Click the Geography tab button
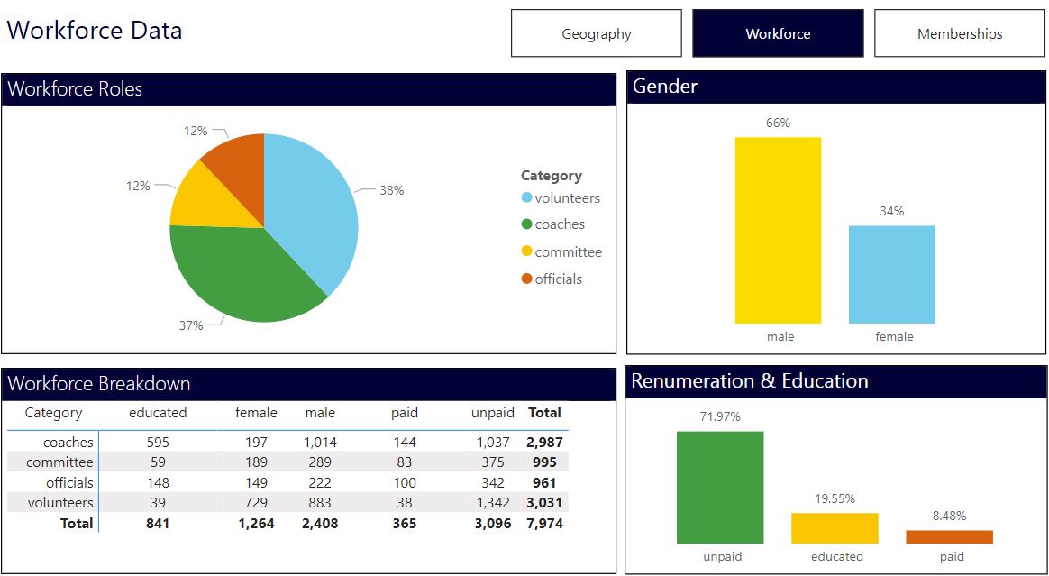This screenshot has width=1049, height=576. pos(596,33)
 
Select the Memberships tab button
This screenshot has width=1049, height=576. pos(960,33)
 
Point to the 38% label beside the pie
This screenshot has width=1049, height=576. pos(391,190)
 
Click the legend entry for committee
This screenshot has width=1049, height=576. pos(568,252)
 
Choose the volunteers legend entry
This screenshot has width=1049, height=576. pos(567,198)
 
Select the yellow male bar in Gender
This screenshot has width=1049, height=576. pos(778,230)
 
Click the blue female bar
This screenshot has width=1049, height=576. pos(891,274)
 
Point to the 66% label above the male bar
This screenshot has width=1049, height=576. pos(778,123)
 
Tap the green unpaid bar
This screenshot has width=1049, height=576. pos(720,487)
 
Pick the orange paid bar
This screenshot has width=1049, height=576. pos(949,536)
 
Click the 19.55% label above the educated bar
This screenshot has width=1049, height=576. pos(835,498)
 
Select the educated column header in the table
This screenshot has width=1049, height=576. pos(158,413)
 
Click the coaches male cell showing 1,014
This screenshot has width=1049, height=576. pos(319,443)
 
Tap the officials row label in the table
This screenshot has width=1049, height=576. pos(69,483)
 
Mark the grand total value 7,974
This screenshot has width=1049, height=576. pos(544,523)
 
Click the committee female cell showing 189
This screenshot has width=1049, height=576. pos(256,462)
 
